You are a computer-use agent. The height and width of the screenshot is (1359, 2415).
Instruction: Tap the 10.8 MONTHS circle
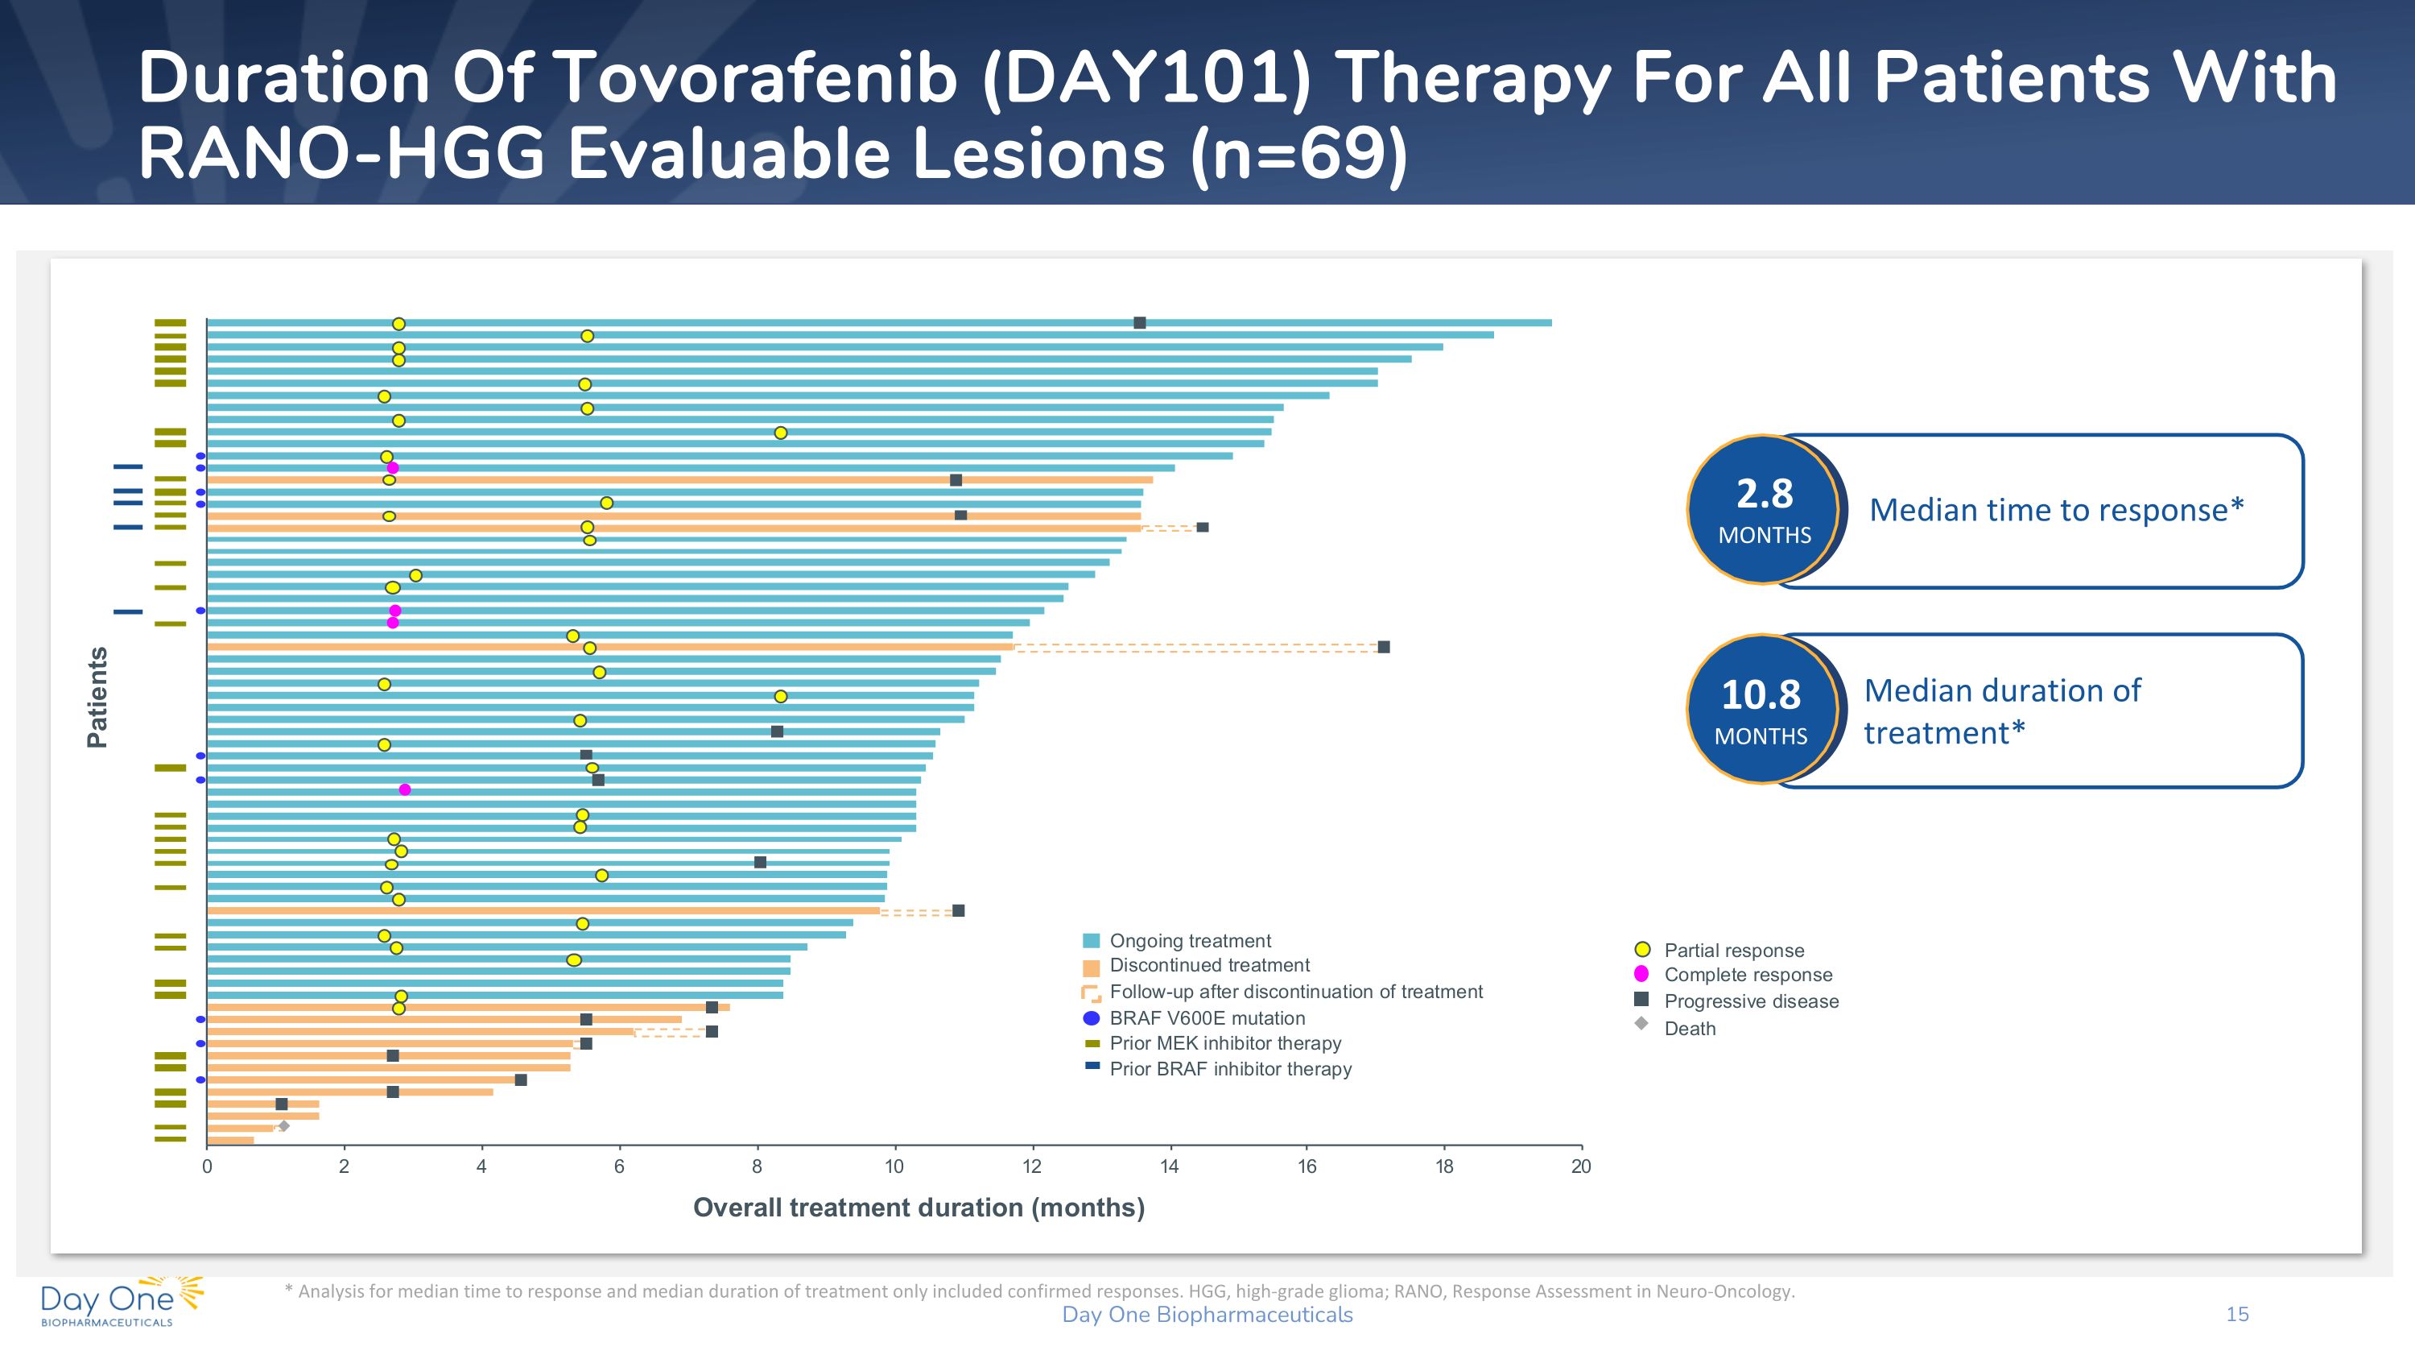1761,710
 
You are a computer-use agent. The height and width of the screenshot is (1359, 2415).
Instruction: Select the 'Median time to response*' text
2056,510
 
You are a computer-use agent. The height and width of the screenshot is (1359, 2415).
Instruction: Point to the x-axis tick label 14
1169,1166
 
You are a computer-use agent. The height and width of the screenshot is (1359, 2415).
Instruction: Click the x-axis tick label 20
1581,1166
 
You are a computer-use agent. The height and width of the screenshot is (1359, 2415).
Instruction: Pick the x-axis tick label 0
207,1166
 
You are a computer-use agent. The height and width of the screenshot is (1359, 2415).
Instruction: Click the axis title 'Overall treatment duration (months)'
919,1207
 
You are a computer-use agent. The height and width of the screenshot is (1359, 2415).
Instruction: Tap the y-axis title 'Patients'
97,697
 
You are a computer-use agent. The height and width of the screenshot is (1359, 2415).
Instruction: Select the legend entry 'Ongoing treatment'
1190,941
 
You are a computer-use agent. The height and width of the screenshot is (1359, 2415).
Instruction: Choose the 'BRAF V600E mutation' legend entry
1207,1018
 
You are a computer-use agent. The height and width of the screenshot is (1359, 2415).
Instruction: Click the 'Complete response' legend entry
1748,975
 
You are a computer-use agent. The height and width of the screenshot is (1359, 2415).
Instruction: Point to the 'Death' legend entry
1690,1029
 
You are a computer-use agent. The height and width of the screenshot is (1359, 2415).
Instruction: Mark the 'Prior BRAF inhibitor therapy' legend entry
1230,1069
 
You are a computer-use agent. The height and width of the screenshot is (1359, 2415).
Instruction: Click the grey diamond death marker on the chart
284,1126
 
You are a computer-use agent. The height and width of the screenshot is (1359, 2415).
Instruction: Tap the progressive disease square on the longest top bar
1140,323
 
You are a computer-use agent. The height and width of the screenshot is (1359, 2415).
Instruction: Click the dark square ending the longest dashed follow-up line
1384,647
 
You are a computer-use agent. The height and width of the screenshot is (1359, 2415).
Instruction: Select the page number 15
2237,1314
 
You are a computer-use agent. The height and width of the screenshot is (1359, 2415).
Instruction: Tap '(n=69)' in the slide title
1298,154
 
